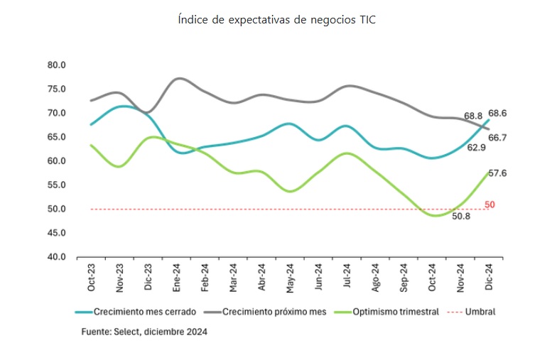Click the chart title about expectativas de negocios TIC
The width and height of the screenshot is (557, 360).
[277, 20]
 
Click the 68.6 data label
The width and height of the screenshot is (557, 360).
[497, 114]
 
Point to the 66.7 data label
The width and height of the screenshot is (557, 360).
[497, 137]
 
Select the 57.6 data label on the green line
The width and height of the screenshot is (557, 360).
[497, 173]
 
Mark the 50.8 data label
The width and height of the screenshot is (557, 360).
[460, 217]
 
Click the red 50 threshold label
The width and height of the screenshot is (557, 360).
[490, 204]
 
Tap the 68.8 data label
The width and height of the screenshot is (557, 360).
[473, 115]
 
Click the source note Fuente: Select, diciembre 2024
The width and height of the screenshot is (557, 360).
[144, 331]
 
